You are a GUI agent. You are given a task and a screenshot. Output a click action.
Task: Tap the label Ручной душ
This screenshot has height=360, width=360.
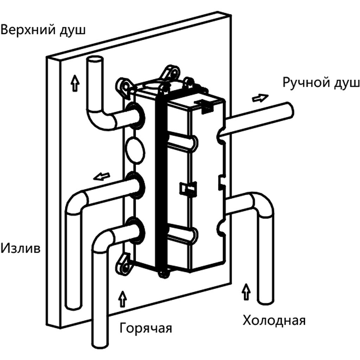tap(321, 83)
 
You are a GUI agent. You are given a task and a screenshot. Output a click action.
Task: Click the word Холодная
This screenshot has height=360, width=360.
tap(274, 321)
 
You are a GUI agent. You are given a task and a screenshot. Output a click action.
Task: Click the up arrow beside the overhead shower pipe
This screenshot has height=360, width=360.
tap(73, 83)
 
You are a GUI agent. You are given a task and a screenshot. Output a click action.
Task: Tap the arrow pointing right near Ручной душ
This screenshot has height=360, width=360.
tap(260, 97)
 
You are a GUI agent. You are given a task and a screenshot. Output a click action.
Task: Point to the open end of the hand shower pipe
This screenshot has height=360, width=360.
tap(289, 110)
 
